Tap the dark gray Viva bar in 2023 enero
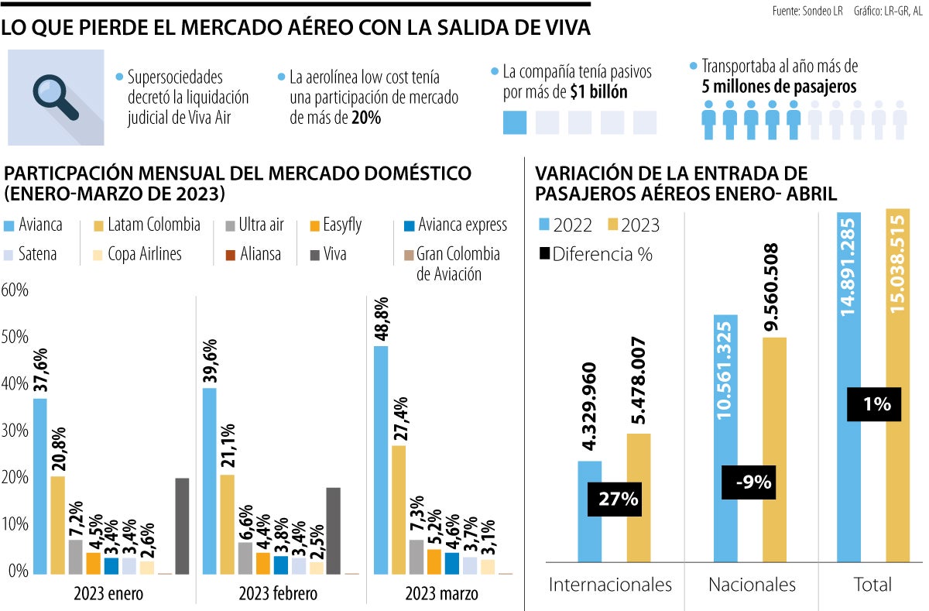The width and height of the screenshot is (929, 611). pyautogui.click(x=182, y=526)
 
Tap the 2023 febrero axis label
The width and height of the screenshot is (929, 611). pyautogui.click(x=278, y=594)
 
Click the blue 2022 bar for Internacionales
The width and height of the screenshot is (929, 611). pyautogui.click(x=589, y=510)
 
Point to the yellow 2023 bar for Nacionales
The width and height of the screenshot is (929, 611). pyautogui.click(x=773, y=449)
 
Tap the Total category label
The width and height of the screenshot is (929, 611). pyautogui.click(x=872, y=585)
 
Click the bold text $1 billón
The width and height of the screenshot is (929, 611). pyautogui.click(x=598, y=92)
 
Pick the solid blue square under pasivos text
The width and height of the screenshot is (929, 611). pyautogui.click(x=515, y=122)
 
